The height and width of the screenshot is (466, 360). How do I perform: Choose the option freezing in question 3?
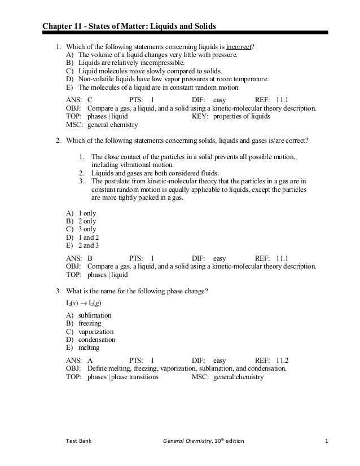coord(90,323)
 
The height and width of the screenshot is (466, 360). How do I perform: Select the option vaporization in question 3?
coord(95,332)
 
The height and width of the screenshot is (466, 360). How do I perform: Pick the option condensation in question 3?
coord(96,340)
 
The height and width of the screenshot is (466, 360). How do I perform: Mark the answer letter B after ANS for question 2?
coord(90,258)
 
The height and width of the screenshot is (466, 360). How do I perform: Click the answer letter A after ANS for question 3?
coord(90,360)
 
